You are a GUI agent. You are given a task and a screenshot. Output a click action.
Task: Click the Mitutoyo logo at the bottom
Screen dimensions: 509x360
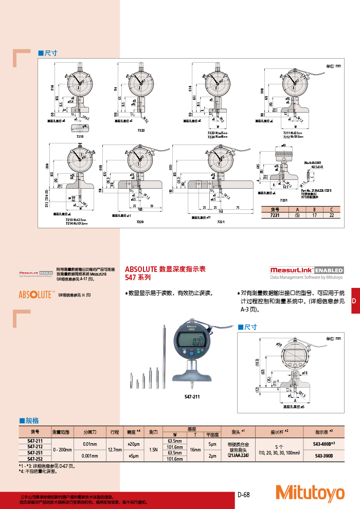(310, 493)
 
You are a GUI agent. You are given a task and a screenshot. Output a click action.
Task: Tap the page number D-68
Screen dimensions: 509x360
(244, 495)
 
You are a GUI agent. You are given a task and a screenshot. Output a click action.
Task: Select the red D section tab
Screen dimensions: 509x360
(354, 300)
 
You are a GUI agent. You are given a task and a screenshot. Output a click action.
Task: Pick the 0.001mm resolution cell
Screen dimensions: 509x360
(90, 456)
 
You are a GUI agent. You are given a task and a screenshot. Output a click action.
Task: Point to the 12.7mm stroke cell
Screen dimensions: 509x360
(115, 449)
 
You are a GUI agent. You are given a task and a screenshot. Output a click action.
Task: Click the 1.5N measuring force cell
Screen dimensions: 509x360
(153, 449)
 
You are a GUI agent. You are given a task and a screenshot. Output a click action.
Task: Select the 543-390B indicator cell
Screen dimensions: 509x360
(323, 456)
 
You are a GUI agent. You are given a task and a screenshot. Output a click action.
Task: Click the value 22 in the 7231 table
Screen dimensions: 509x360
(332, 215)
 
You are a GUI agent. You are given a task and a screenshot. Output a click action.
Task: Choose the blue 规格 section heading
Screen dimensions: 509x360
(32, 420)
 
